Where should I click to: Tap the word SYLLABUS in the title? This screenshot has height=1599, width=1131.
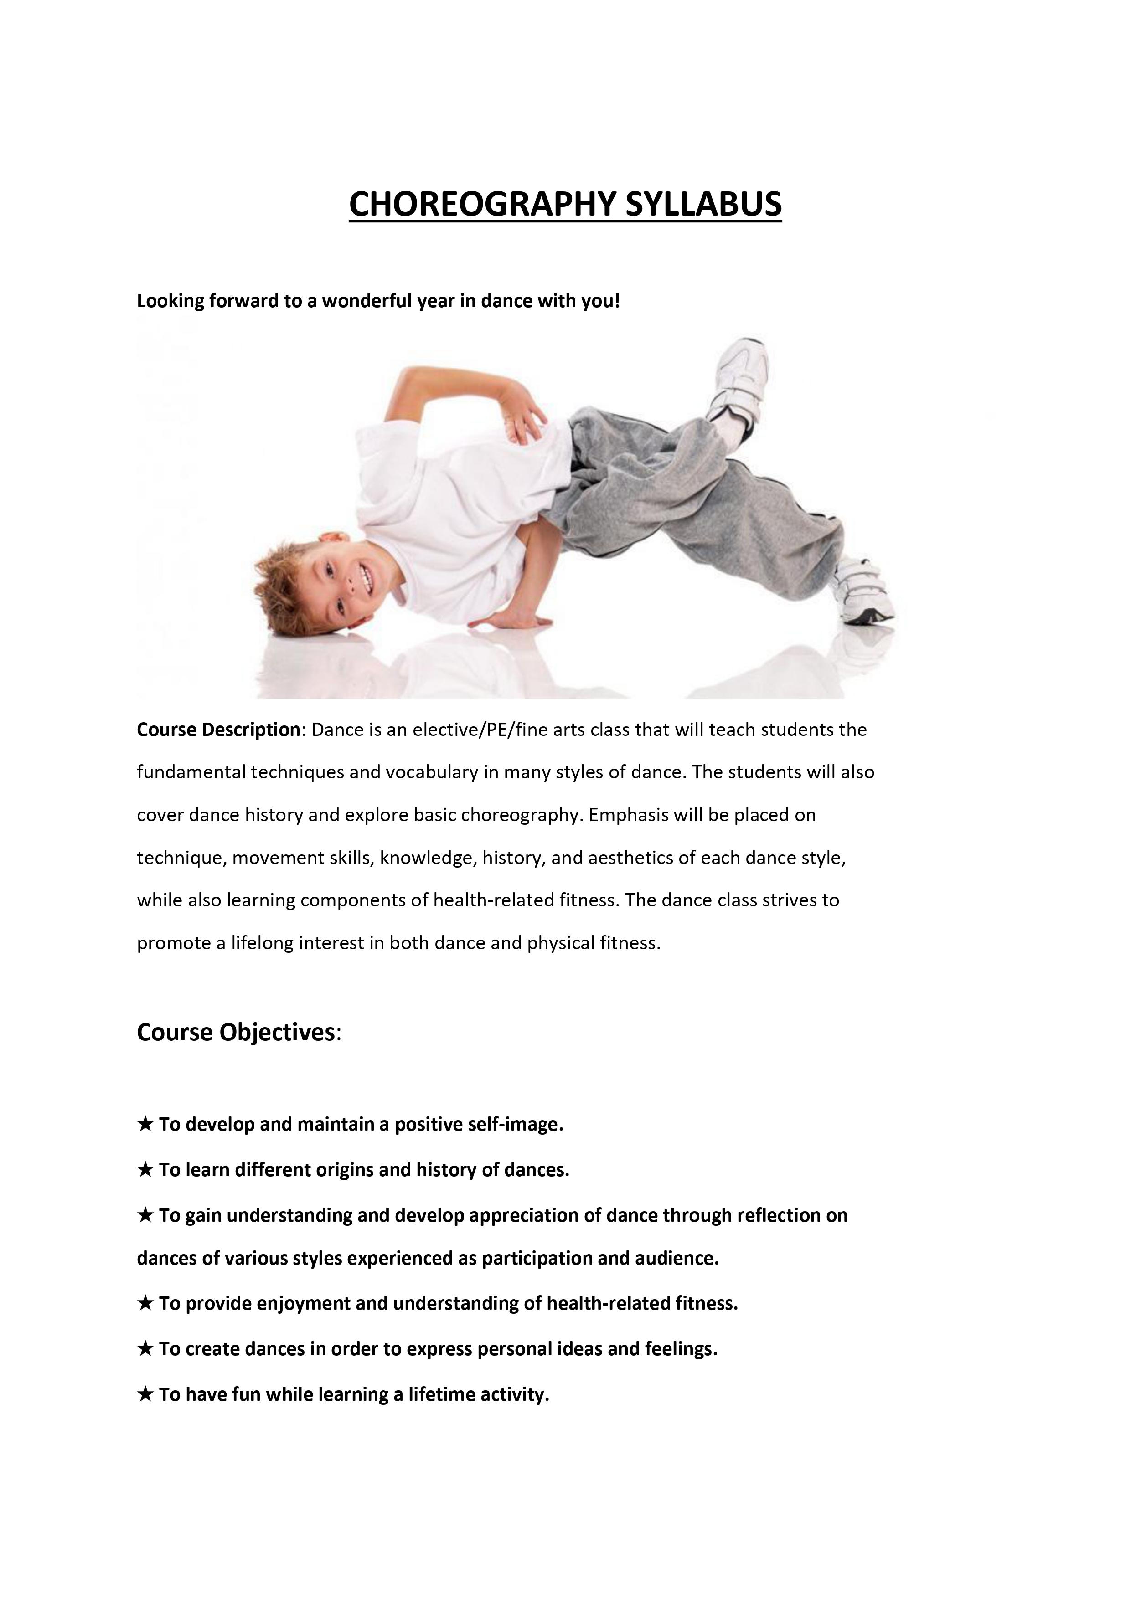[x=703, y=204]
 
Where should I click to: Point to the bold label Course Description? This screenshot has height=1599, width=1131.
[x=218, y=730]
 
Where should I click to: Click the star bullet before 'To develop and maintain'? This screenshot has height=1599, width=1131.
[x=145, y=1124]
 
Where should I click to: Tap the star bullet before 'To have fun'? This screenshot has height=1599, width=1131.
[x=145, y=1394]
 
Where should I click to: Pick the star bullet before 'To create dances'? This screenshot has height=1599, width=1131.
[x=145, y=1349]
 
